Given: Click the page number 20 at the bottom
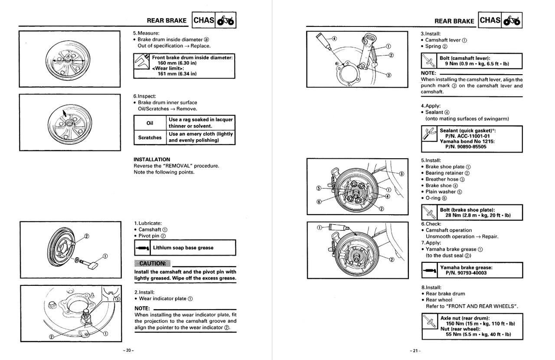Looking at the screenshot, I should [128, 350].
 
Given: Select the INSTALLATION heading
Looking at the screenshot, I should [152, 160].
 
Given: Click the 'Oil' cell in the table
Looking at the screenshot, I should [150, 123].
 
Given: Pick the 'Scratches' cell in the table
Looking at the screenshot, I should [150, 137].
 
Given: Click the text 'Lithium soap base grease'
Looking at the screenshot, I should [183, 248].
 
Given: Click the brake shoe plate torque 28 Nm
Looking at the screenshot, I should [475, 215].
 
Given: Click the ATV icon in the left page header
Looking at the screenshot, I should [225, 21].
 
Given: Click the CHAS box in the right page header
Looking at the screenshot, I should [490, 20].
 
